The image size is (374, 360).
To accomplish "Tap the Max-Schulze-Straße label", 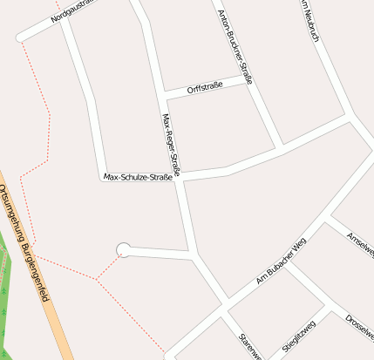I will coord(139,177).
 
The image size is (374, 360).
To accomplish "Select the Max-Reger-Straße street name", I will coord(171,145).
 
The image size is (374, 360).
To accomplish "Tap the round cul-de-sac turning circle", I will coord(124,250).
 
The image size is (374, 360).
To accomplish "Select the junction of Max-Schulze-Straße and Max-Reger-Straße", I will coord(180,175).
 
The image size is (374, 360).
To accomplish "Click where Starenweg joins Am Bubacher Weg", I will coord(228,305).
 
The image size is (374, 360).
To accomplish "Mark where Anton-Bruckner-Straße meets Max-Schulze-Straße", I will coord(279,146).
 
